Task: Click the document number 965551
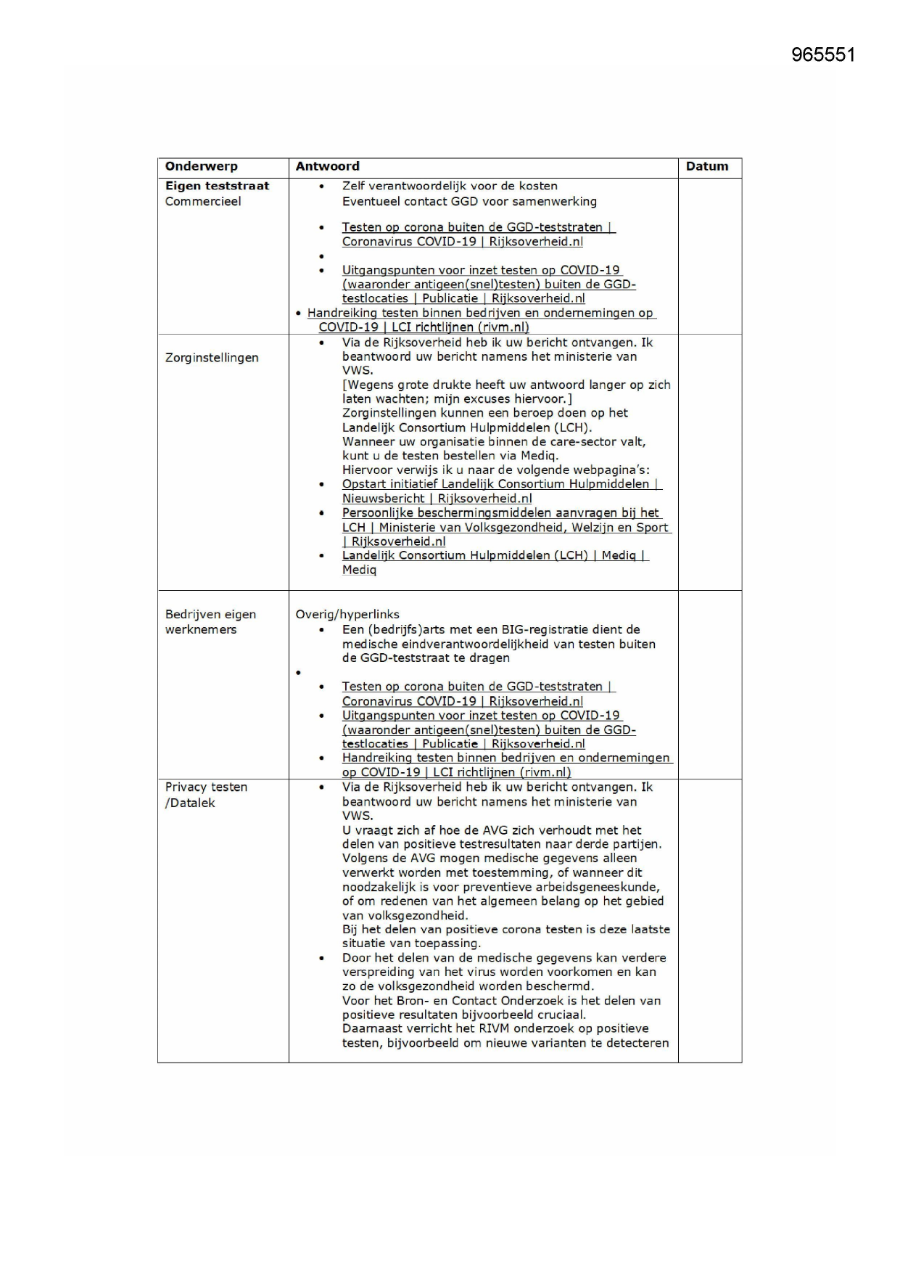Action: (x=823, y=55)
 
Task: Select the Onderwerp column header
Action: (x=201, y=166)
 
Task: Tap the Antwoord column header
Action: (x=327, y=166)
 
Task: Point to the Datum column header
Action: (x=706, y=166)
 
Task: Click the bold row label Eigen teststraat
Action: (x=217, y=186)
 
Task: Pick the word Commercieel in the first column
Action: (x=202, y=202)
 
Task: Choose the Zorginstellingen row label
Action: (x=212, y=358)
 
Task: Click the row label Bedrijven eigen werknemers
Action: (x=210, y=622)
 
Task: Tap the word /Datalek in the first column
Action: (x=190, y=803)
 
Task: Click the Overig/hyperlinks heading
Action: (x=347, y=614)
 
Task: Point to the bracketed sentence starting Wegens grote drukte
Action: (x=505, y=392)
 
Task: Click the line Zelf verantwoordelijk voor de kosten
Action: (x=450, y=187)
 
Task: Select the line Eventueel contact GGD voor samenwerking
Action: (x=469, y=202)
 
